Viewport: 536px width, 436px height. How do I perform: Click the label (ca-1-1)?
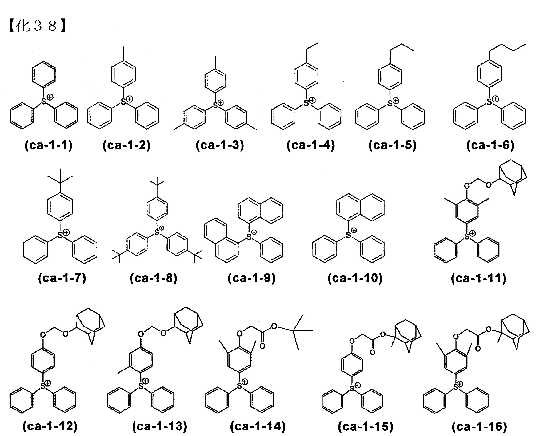[49, 145]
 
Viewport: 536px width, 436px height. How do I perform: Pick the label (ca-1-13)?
[160, 426]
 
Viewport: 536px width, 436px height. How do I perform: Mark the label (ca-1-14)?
[258, 426]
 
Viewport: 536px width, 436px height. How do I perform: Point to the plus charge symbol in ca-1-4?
[312, 101]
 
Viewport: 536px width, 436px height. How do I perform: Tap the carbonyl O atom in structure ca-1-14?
[262, 347]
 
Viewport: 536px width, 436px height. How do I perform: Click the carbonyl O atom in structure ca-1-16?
[478, 349]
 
